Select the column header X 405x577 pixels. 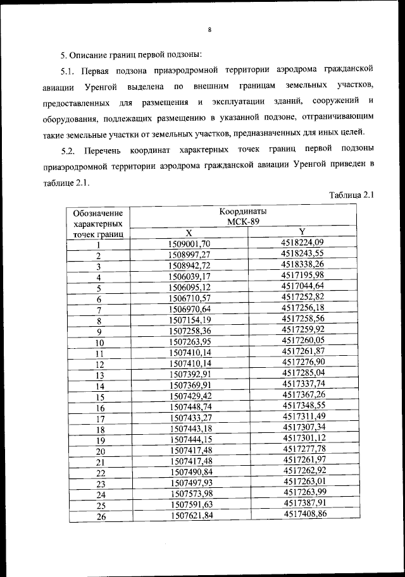pos(189,233)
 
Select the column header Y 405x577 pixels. pos(301,232)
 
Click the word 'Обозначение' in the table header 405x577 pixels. pos(97,213)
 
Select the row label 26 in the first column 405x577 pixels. pos(99,517)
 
